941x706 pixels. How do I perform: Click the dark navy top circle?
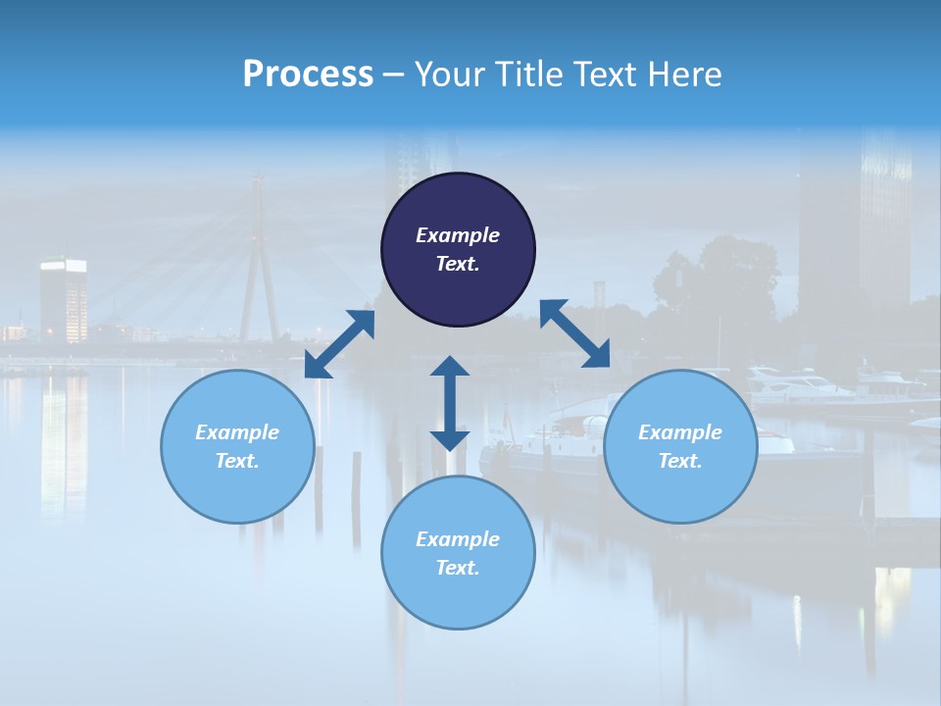(x=458, y=249)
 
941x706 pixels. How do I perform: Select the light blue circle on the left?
(x=237, y=446)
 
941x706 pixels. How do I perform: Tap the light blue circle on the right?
(x=680, y=446)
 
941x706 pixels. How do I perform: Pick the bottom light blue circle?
(x=458, y=553)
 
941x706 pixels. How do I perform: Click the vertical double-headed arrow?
(x=450, y=403)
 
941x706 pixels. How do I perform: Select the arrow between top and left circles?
(x=339, y=344)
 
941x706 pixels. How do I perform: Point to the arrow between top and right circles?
(x=574, y=333)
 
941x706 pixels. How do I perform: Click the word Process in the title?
(x=308, y=74)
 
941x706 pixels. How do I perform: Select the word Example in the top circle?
(x=458, y=235)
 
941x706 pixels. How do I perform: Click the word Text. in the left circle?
(x=237, y=461)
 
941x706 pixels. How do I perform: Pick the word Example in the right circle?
(x=680, y=432)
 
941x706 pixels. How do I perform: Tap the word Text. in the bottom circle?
(x=458, y=568)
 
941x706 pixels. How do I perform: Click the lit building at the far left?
(x=63, y=299)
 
